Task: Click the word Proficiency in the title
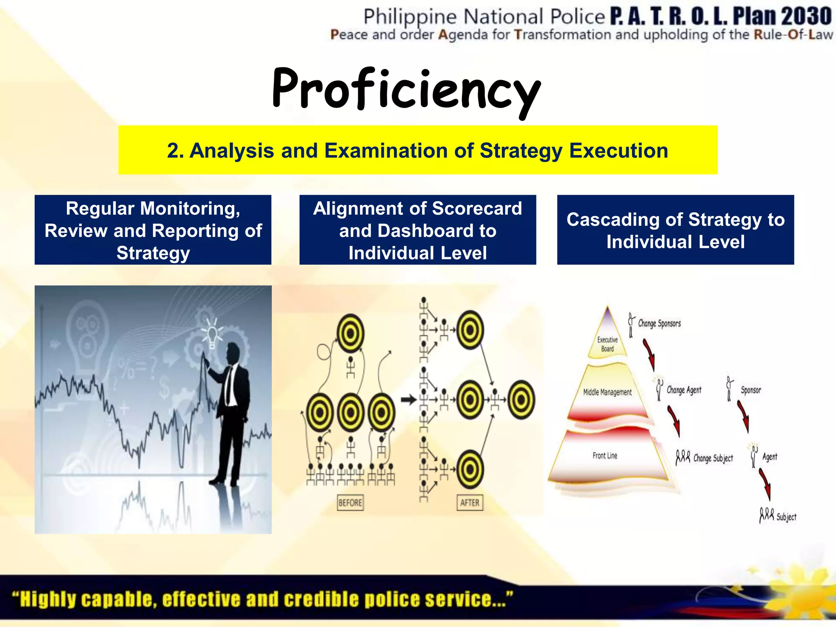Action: [406, 90]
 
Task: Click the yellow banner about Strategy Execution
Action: [418, 150]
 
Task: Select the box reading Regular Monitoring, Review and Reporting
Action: [153, 230]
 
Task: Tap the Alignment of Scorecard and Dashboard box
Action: [418, 230]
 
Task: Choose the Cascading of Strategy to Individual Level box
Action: [676, 230]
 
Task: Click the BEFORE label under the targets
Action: [350, 502]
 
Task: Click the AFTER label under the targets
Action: [469, 502]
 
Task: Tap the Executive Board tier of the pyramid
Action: [607, 344]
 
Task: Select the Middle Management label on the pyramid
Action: [607, 392]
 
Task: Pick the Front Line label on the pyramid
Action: [605, 456]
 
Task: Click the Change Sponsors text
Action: [659, 323]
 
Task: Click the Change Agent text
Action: [684, 390]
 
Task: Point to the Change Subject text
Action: [713, 458]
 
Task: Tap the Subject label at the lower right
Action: [786, 517]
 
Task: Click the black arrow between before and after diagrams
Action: [409, 400]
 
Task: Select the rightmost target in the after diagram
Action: [521, 400]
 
